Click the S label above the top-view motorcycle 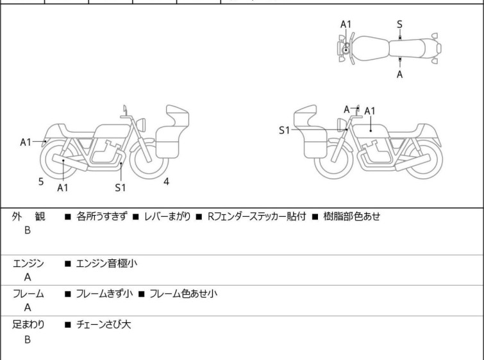tap(399, 24)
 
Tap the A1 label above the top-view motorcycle tap(346, 24)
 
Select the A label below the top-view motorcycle tap(400, 74)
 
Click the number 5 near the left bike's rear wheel tap(41, 182)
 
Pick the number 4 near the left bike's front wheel tap(167, 182)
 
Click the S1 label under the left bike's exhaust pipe tap(121, 187)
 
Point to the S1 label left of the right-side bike tap(284, 130)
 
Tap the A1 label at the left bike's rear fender tap(26, 142)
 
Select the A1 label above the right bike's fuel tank tap(370, 111)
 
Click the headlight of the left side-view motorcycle tap(141, 124)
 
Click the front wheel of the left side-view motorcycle tap(149, 159)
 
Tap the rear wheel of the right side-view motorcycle tap(423, 159)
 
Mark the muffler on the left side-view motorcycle tap(70, 162)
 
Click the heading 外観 tap(28, 217)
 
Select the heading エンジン tap(28, 264)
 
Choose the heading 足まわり tap(28, 325)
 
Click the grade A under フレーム tap(28, 308)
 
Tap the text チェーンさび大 tap(104, 325)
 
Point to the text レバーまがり tap(167, 216)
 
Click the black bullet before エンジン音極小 tap(68, 264)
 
